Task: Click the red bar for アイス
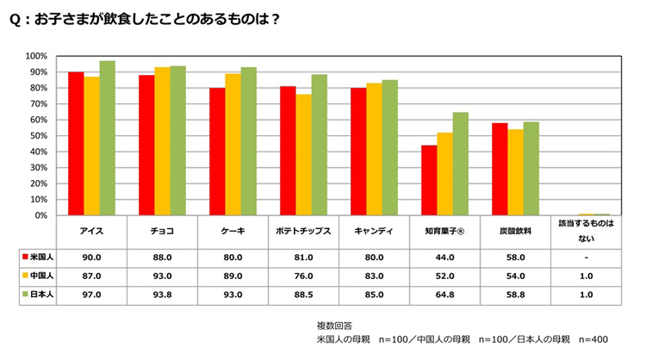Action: pos(76,144)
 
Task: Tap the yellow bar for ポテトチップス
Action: pos(303,155)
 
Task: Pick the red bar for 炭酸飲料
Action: pos(500,169)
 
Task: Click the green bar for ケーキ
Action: pos(248,141)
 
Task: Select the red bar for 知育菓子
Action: pos(429,180)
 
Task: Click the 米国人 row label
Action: pos(37,257)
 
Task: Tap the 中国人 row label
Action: pos(37,276)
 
